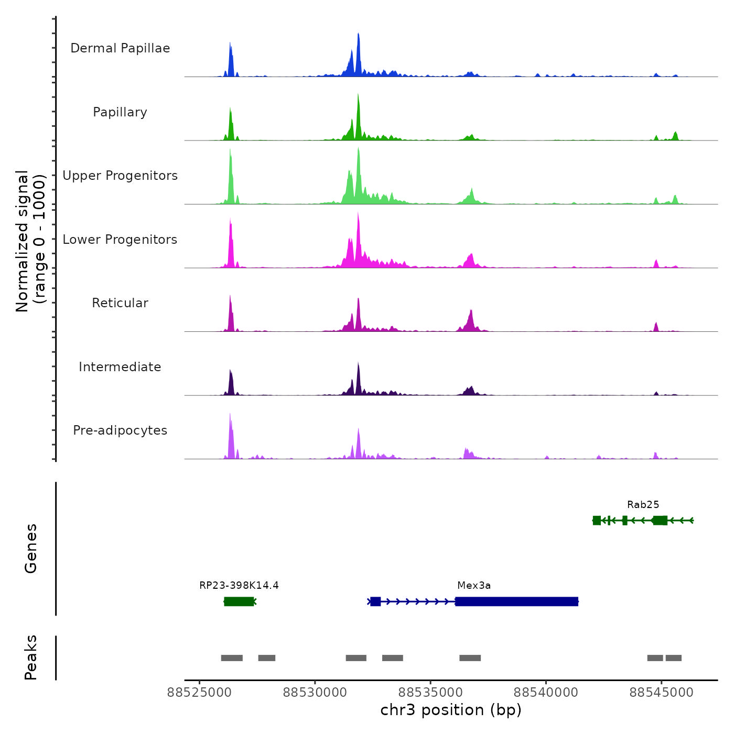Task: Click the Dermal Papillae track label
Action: [x=120, y=48]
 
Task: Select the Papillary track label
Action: [x=120, y=112]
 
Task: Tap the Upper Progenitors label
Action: [x=120, y=176]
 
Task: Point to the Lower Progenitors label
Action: [x=120, y=240]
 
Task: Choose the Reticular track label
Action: [x=120, y=303]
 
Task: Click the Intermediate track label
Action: [x=120, y=367]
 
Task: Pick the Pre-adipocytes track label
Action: [x=120, y=430]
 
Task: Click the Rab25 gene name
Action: [x=643, y=505]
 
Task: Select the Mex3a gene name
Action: [x=474, y=586]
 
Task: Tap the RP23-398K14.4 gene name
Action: [x=239, y=586]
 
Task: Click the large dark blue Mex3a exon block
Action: [x=516, y=601]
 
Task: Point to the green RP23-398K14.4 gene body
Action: [x=239, y=601]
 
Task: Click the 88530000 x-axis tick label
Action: [x=315, y=693]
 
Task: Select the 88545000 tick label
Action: [x=662, y=693]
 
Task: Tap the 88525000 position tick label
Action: [x=199, y=693]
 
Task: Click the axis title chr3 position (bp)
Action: [x=451, y=710]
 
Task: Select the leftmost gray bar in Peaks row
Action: [x=232, y=658]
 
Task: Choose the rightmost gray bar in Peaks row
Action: [x=674, y=658]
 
